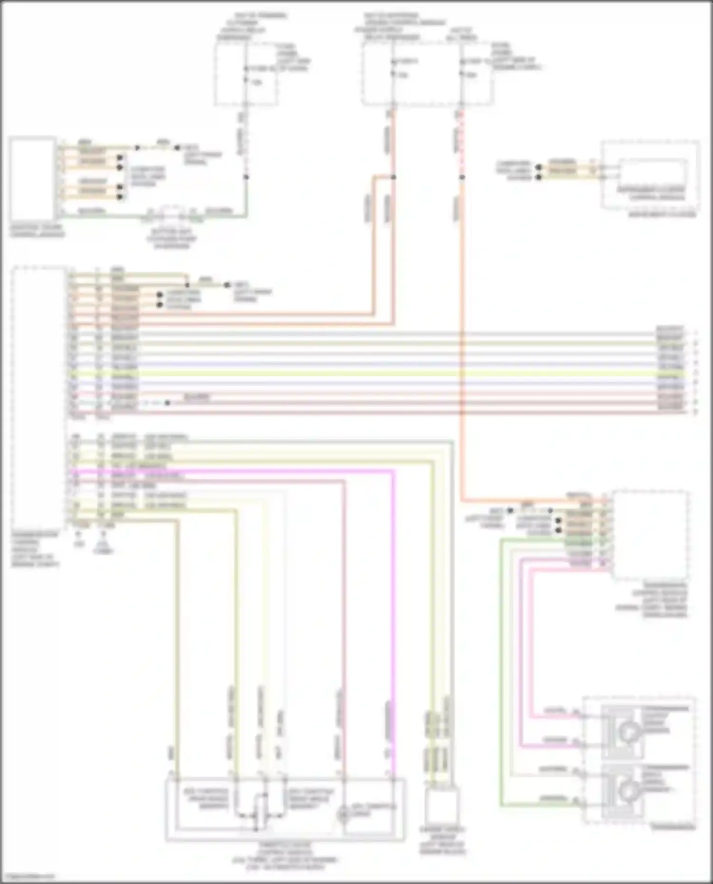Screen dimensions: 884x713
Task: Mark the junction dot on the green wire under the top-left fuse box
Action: [x=246, y=177]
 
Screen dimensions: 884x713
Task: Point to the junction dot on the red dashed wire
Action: [x=462, y=177]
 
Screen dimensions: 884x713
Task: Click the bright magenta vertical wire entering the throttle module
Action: [x=394, y=665]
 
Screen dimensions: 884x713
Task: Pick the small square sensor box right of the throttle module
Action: [x=442, y=808]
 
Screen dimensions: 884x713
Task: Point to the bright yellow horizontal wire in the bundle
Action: [x=380, y=375]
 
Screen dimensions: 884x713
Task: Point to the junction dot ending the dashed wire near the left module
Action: [x=167, y=403]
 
